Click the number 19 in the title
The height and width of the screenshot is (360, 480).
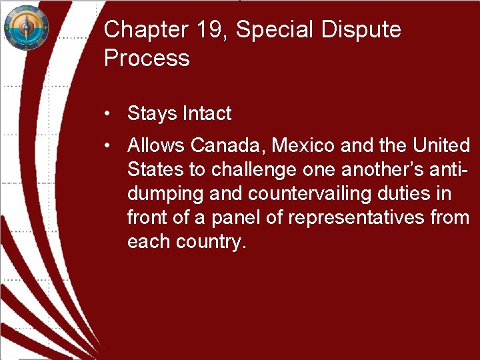(207, 30)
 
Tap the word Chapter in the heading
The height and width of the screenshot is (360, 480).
(143, 30)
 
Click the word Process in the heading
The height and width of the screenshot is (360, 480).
(147, 58)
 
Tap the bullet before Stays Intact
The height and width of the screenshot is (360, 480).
(107, 113)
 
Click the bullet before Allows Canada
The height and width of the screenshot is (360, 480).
(107, 145)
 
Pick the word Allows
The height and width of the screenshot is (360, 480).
(156, 145)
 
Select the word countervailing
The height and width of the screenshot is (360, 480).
(313, 194)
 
